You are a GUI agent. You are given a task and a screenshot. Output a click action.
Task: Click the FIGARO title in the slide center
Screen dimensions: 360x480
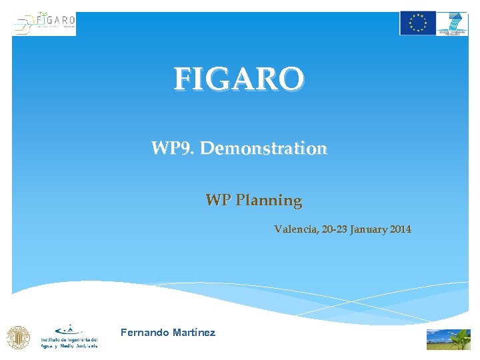coord(239,79)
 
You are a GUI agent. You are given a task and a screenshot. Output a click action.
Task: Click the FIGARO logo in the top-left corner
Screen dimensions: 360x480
coord(44,23)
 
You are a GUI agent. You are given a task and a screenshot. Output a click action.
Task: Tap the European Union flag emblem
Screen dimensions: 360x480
coord(417,23)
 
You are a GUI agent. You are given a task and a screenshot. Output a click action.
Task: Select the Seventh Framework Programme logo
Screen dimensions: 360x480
coord(453,23)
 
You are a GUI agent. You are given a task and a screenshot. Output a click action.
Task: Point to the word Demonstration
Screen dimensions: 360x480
coord(263,148)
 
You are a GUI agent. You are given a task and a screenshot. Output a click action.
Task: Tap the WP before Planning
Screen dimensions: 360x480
coord(219,200)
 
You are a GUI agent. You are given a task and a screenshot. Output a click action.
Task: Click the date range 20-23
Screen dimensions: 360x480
coord(333,229)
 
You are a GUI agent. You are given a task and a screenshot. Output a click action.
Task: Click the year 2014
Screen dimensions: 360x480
coord(401,229)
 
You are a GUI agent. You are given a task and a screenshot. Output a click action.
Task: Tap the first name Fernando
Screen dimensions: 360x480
coord(141,332)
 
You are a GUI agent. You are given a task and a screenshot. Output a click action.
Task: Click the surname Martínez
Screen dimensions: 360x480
coord(193,332)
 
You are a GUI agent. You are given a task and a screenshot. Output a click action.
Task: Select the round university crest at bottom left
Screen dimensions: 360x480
coord(18,337)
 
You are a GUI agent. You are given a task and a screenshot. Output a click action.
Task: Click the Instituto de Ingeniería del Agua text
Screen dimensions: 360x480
coord(69,339)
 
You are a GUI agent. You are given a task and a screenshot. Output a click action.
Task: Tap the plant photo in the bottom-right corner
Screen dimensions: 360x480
coord(448,339)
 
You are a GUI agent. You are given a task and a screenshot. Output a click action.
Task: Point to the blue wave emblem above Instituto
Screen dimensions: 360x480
coord(69,329)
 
